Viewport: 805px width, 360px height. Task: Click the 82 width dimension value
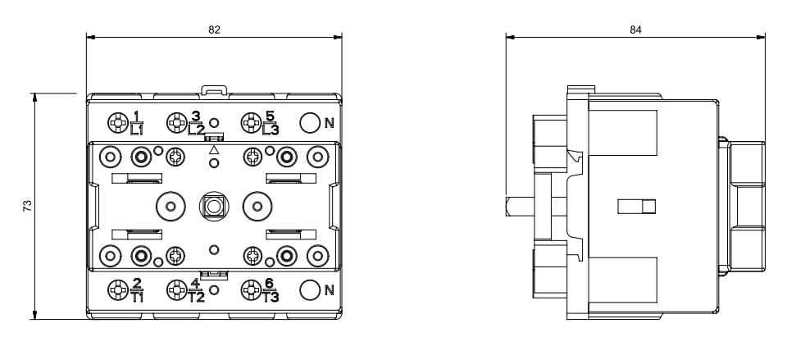[214, 30]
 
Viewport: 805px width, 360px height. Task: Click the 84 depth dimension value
[635, 30]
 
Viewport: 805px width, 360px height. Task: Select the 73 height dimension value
[27, 207]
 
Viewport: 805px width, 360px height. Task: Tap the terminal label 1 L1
[137, 123]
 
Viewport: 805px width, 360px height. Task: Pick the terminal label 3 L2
[196, 123]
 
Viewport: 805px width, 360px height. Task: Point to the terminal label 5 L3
[271, 123]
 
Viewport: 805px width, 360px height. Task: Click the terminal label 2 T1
[137, 290]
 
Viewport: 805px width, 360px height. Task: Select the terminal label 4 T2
[196, 290]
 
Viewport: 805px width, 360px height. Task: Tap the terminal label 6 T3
[271, 290]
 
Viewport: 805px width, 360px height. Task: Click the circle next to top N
[309, 123]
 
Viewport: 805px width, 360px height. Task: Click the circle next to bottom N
[309, 289]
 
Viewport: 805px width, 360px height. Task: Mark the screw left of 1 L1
[116, 124]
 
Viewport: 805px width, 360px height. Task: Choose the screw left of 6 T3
[250, 289]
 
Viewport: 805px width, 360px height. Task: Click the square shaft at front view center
[214, 207]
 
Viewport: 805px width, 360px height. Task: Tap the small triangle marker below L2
[214, 151]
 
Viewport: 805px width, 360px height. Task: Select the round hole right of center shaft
[257, 207]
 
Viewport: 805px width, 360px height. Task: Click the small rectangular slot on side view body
[637, 207]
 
